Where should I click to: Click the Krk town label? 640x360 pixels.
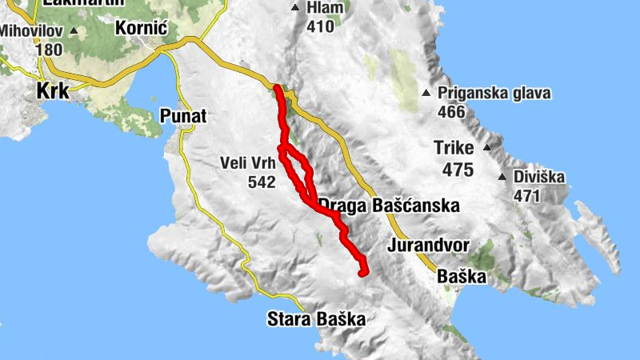(53, 91)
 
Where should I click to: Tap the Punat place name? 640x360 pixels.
(182, 117)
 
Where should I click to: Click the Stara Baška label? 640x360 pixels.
(315, 320)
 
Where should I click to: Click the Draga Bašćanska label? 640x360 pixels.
(390, 206)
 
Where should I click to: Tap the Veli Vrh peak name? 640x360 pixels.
(247, 163)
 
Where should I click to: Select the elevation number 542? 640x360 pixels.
(262, 182)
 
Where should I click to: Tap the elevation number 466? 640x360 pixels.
(452, 112)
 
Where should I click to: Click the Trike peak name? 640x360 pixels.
(454, 148)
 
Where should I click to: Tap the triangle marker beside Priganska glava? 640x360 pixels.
(426, 94)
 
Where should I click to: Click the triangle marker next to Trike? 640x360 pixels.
(486, 148)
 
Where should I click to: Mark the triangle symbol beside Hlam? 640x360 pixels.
(295, 8)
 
